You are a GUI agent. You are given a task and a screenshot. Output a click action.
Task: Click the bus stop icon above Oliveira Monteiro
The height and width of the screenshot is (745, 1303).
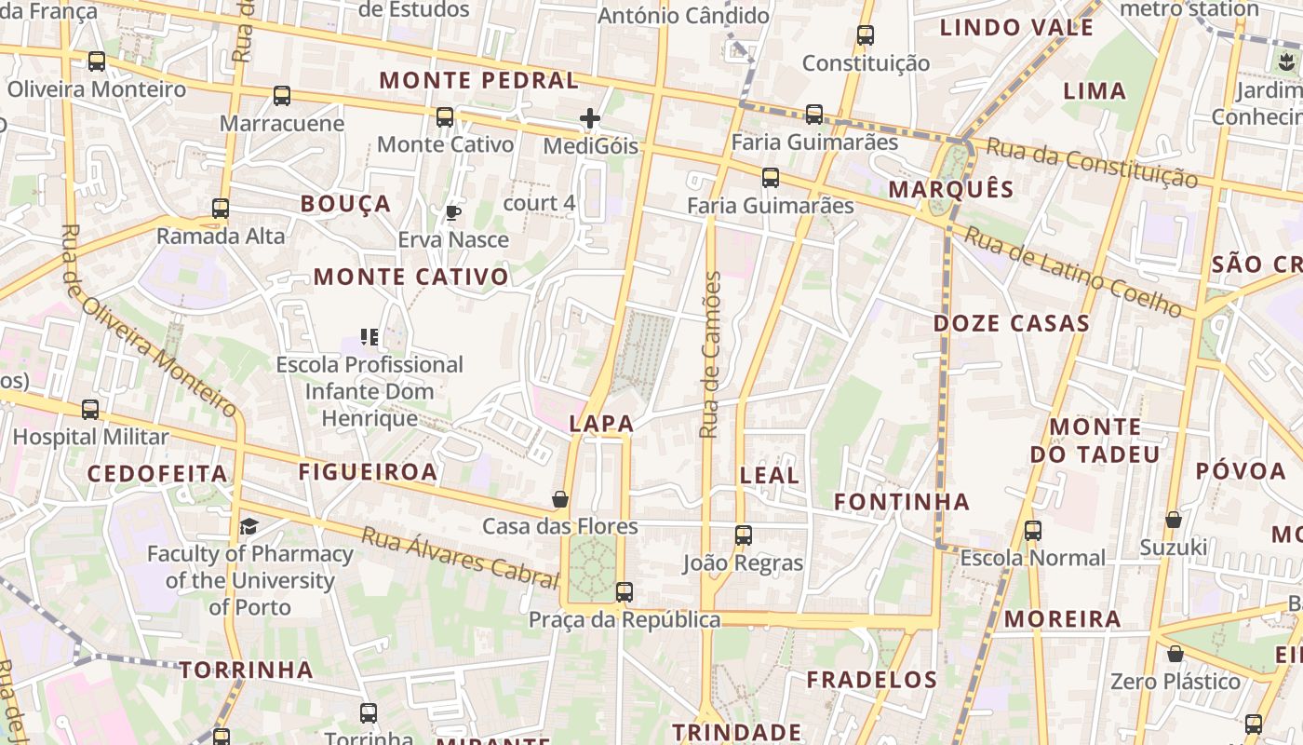97,61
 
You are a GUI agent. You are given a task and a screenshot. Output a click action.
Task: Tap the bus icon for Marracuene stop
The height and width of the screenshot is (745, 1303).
282,95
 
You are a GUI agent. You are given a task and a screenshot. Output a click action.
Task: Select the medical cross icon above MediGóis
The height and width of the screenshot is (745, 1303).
590,118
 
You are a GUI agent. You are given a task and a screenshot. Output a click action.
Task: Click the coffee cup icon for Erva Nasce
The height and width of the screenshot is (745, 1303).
453,212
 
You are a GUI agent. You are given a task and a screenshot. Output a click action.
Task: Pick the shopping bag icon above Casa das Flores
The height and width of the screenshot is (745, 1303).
560,499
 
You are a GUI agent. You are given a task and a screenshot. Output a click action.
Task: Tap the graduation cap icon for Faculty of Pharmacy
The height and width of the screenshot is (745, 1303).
249,527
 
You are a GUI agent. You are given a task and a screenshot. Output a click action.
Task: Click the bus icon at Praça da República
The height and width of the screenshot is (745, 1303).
625,591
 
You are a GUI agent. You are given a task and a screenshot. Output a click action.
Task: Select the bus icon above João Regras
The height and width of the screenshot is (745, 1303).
743,535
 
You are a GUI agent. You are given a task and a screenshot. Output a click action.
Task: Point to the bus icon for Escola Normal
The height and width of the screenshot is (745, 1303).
1033,531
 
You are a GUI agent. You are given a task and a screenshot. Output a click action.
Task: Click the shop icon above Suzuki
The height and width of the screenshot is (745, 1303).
1174,519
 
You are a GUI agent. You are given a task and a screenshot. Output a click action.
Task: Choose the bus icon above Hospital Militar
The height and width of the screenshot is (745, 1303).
90,409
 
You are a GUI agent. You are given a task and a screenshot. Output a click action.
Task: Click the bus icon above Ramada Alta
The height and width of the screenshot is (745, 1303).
221,208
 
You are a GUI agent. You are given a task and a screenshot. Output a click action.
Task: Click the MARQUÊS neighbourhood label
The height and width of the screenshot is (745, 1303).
950,189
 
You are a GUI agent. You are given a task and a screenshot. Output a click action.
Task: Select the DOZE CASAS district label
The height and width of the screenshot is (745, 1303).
1011,323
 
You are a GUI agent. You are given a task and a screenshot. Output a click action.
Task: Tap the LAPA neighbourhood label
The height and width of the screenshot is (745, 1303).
601,424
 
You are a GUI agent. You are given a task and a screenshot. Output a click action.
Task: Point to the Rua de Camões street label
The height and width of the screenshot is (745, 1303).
711,354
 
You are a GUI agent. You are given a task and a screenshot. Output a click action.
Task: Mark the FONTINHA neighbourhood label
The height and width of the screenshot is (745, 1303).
901,502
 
